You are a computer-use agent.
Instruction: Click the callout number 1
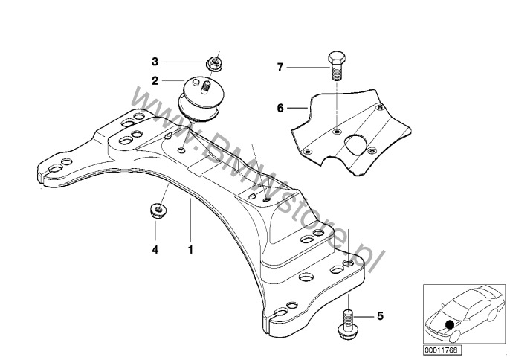pos(190,249)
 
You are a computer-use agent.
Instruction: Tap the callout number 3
pos(155,62)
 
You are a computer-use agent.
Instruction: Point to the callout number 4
pos(155,249)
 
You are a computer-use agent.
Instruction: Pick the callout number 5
pos(380,316)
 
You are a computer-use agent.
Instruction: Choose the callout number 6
pos(280,108)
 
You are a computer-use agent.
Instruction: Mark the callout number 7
pos(280,68)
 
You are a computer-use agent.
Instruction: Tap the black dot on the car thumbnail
pos(450,324)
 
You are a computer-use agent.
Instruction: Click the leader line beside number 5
pos(365,316)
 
